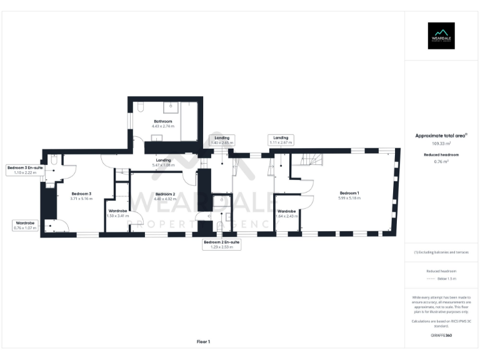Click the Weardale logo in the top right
click(x=441, y=36)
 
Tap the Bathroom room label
click(x=162, y=121)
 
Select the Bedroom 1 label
click(x=350, y=192)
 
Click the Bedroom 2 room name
click(x=165, y=194)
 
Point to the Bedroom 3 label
click(x=81, y=194)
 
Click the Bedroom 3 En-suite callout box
click(x=25, y=170)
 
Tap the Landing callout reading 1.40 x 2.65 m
click(x=222, y=140)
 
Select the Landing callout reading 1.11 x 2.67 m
click(x=280, y=140)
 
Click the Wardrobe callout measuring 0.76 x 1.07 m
click(x=25, y=226)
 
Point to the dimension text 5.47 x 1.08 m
click(x=164, y=165)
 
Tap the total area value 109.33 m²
click(x=441, y=143)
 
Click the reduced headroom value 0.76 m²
click(x=441, y=161)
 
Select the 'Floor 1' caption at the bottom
click(x=203, y=342)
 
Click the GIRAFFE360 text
click(x=441, y=336)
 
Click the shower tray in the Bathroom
click(x=188, y=107)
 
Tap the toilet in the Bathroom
click(x=140, y=107)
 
